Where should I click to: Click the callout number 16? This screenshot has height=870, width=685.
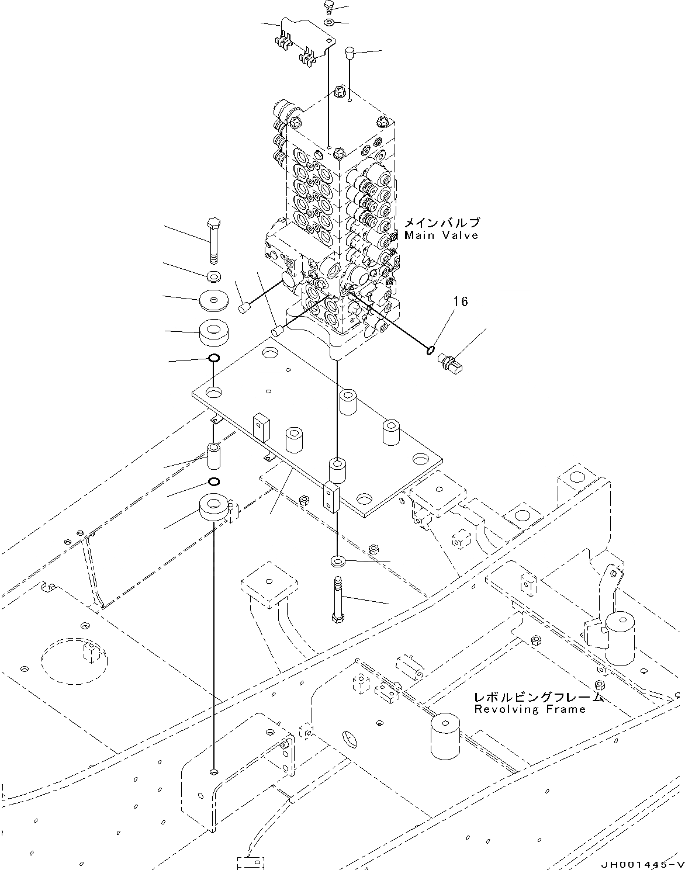pos(461,301)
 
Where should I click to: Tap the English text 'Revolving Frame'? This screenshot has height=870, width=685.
pos(530,709)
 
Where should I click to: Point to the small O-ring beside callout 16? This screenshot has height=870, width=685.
pos(430,350)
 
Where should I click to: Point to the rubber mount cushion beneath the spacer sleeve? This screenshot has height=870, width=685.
pos(214,506)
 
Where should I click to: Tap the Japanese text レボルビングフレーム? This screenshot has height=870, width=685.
pos(538,698)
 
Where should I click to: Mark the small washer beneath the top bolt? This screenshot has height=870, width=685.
pos(329,23)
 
